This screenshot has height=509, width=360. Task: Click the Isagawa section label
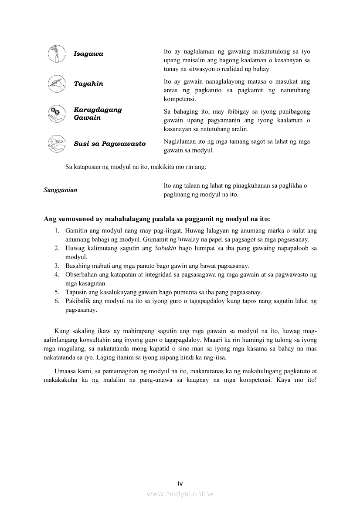click(x=88, y=54)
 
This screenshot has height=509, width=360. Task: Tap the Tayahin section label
click(x=88, y=84)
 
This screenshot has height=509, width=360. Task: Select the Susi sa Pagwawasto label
click(x=109, y=144)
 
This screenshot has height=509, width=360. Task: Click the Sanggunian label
click(x=61, y=190)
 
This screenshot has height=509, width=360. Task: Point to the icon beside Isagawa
click(x=57, y=54)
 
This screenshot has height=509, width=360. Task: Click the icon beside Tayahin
click(x=57, y=84)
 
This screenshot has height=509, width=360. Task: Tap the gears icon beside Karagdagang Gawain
click(x=57, y=114)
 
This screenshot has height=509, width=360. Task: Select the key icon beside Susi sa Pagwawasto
click(x=57, y=144)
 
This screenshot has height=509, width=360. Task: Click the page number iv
click(x=180, y=483)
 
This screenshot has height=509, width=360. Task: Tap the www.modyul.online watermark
click(x=180, y=494)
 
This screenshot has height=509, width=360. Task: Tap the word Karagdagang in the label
click(x=98, y=110)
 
